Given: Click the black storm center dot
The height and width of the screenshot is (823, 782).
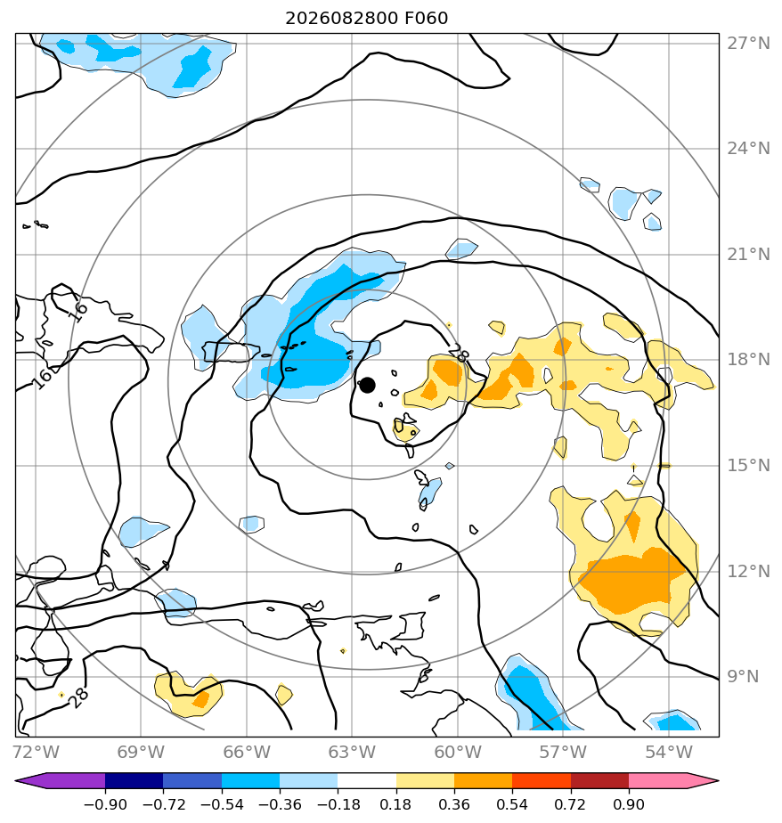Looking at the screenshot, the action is pos(367,385).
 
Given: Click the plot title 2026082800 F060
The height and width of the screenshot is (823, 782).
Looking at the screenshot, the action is pos(366,19).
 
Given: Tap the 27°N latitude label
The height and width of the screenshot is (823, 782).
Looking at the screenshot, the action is pos(748,43).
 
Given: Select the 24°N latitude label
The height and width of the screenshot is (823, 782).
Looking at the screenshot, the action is pos(748,149).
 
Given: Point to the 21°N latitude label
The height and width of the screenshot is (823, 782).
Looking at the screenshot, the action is pos(748,255).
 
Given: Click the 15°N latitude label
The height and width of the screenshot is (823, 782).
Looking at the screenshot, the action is pos(748,466).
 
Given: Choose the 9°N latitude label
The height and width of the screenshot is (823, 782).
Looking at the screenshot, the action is pos(743,677).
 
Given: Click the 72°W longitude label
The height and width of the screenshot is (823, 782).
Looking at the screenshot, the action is pos(36,752).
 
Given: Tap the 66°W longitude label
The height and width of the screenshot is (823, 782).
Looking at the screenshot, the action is pos(247,752).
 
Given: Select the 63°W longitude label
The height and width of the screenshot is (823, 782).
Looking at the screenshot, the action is pos(352,752).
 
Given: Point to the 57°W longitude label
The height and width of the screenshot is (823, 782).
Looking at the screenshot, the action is pos(563,752).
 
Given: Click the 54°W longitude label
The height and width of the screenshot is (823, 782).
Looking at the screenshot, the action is pos(669,752).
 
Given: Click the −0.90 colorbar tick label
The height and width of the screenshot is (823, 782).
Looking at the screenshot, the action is pos(105,804).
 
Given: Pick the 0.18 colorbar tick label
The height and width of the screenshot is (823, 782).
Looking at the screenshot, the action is pos(395,804).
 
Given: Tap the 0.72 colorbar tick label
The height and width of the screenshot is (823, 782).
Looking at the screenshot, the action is pos(571,804).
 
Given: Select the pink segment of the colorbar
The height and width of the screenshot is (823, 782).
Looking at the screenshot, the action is pos(666,780).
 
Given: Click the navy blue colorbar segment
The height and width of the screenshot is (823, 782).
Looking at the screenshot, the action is pos(134,780).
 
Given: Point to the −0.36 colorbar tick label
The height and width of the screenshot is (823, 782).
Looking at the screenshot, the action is pos(279,804).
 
